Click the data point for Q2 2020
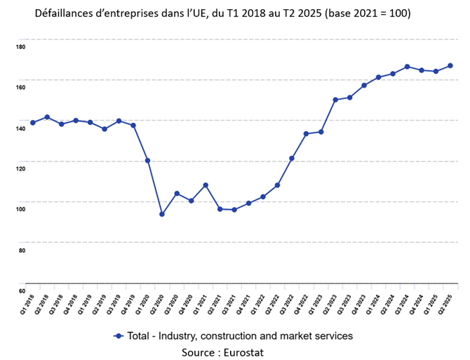(x=162, y=214)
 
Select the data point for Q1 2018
(x=33, y=123)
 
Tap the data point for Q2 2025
(x=450, y=66)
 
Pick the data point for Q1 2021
(x=206, y=185)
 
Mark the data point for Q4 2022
(x=306, y=133)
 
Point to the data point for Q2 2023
(x=335, y=100)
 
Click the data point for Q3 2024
(x=407, y=67)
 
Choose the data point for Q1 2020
(x=147, y=161)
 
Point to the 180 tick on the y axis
(x=20, y=47)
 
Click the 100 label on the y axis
(x=20, y=209)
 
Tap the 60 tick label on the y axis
(x=22, y=291)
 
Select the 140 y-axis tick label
(x=20, y=128)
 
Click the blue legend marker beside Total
(x=119, y=336)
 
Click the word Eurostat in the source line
(x=241, y=352)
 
